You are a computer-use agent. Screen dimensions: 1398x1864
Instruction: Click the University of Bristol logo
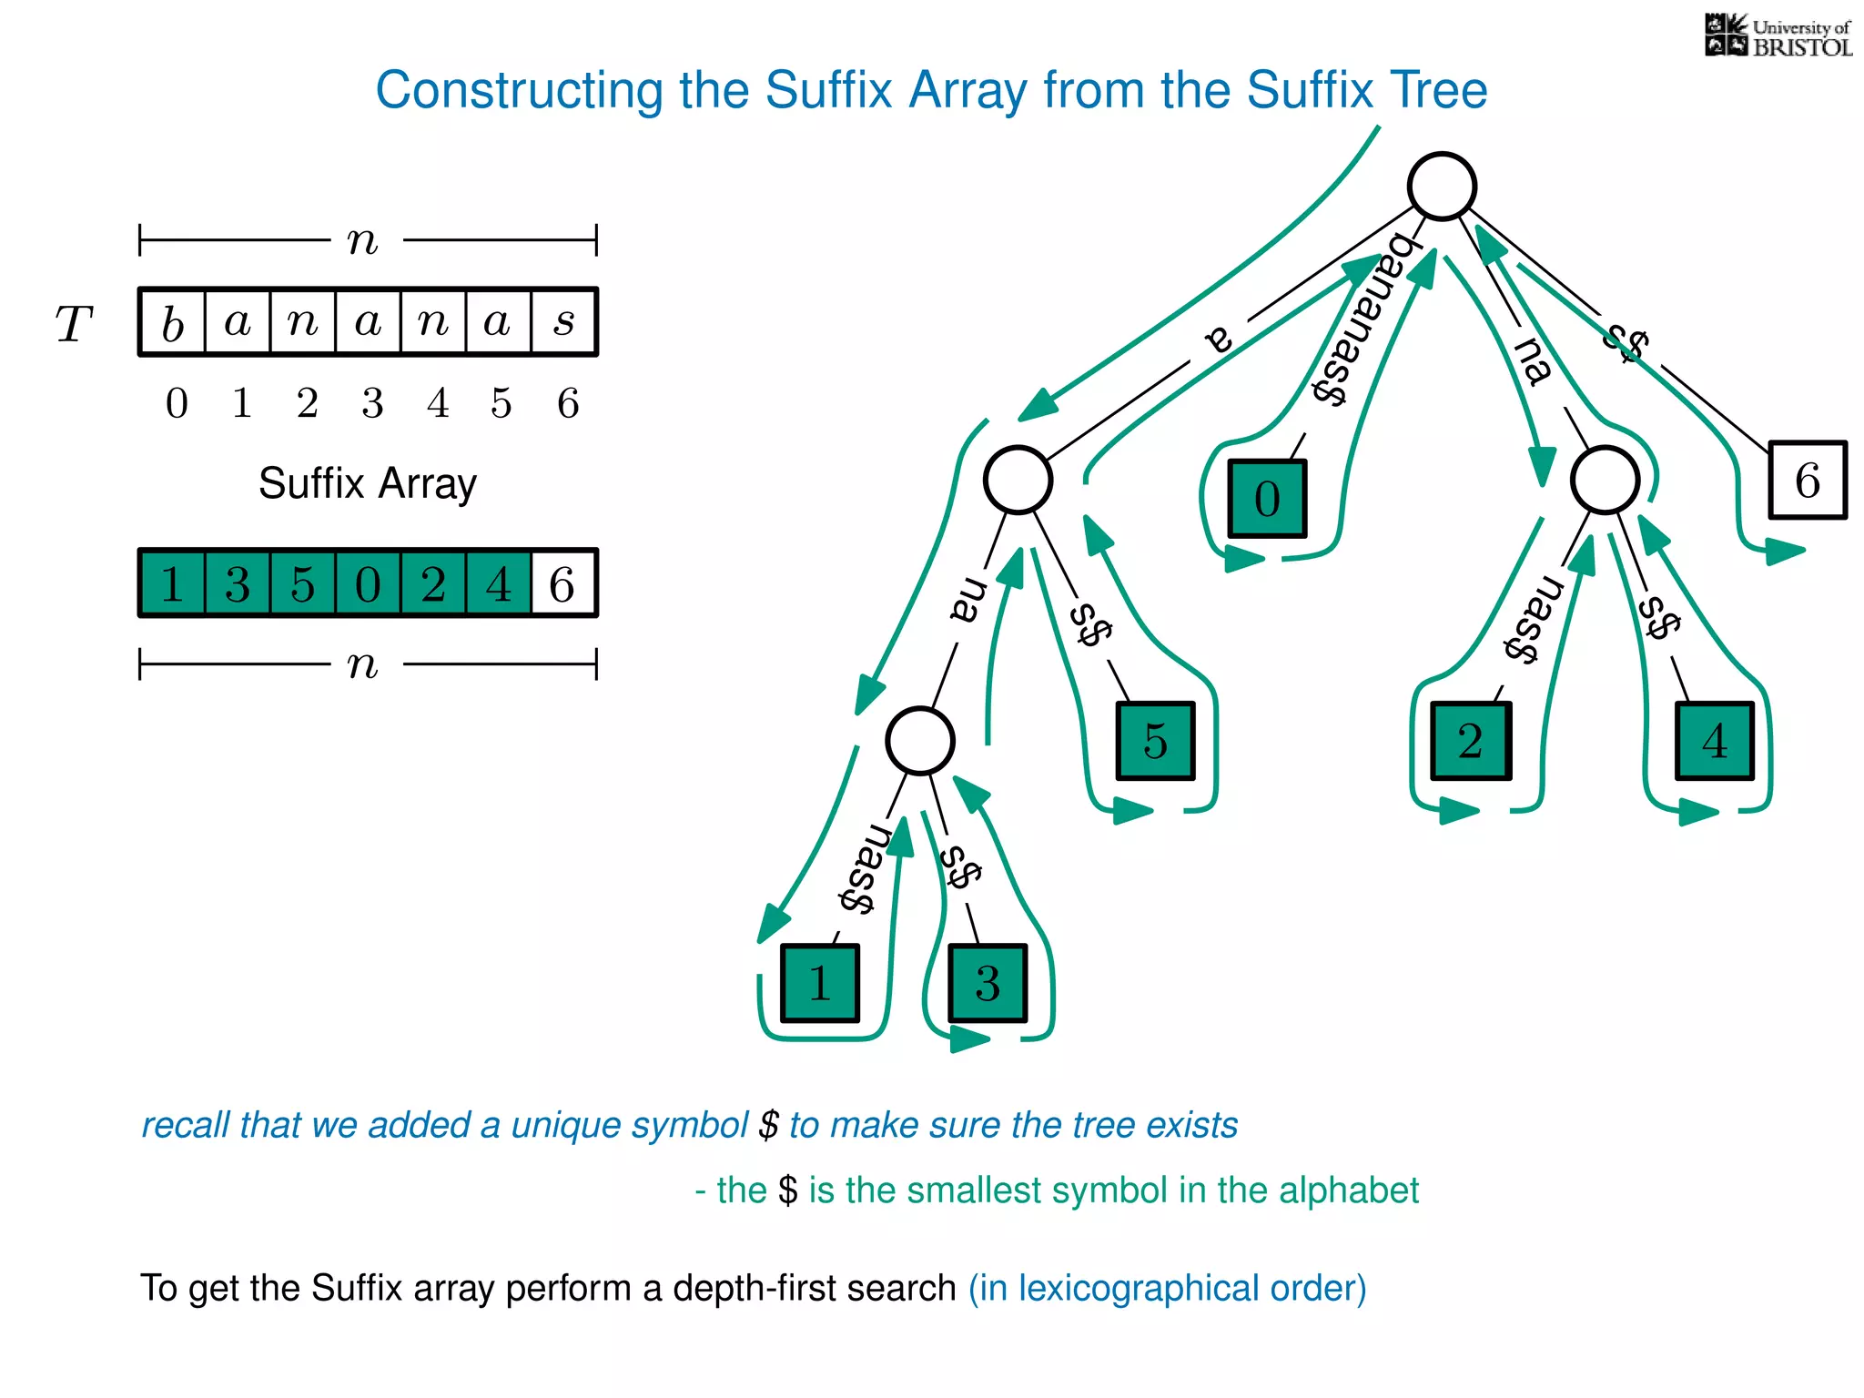[x=1778, y=36]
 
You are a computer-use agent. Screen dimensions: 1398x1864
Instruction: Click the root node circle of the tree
[x=1442, y=187]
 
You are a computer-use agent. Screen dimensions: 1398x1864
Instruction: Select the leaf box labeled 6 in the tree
[x=1807, y=481]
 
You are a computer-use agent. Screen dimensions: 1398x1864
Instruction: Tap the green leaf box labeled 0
[x=1267, y=499]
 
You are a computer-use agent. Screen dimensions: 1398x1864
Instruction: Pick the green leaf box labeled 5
[x=1155, y=741]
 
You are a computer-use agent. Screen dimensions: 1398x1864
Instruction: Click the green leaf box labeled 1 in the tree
[x=819, y=984]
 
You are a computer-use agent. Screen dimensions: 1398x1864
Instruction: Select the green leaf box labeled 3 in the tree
[x=988, y=984]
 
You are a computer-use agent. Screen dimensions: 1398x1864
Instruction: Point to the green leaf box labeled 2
[x=1470, y=741]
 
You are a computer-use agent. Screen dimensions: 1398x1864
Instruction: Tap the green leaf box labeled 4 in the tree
[x=1715, y=741]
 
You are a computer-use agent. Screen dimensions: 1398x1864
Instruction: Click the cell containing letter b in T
[x=173, y=322]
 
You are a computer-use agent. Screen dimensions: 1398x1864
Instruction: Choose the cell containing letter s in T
[x=564, y=322]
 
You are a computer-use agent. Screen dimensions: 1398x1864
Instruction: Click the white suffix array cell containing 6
[x=563, y=583]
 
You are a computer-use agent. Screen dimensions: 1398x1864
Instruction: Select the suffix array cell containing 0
[x=368, y=583]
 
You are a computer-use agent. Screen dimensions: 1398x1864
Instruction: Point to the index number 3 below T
[x=372, y=403]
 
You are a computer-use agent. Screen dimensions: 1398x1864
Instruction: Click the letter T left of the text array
[x=75, y=324]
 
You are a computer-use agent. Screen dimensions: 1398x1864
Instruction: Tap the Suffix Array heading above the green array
[x=367, y=483]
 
